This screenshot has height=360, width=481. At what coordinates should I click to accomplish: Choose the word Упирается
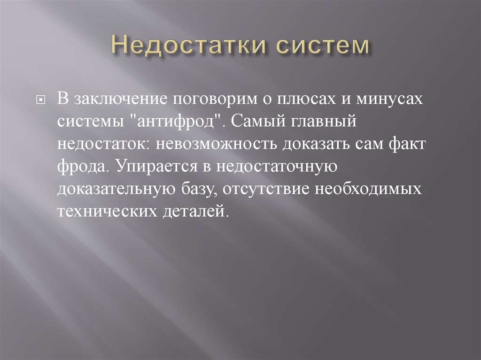click(151, 167)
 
